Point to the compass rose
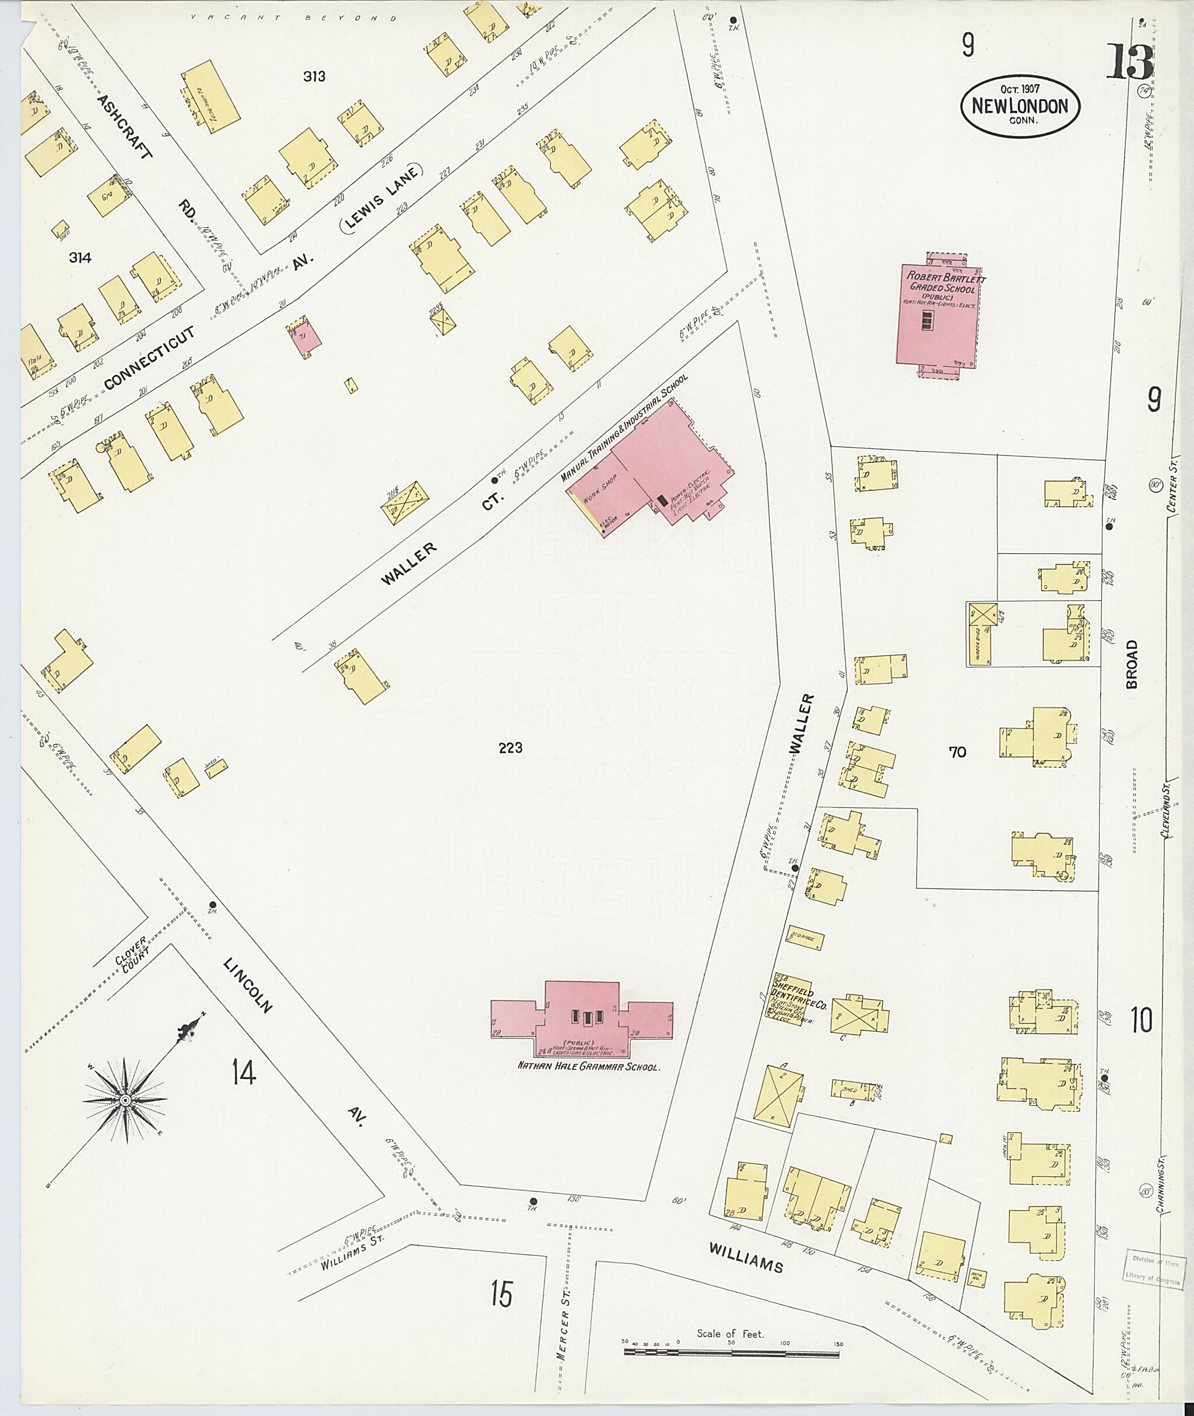125,1101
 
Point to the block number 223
510,747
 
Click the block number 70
957,751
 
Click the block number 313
314,76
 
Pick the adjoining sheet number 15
501,1294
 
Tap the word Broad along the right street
1132,665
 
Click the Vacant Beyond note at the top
293,18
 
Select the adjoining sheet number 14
244,1072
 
